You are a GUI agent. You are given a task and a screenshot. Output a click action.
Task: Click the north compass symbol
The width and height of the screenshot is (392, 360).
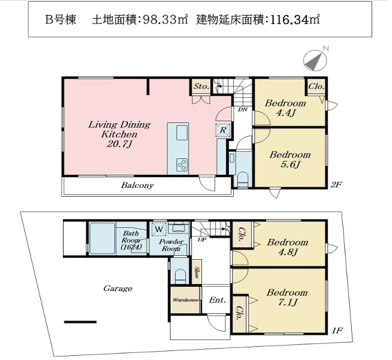pos(315,59)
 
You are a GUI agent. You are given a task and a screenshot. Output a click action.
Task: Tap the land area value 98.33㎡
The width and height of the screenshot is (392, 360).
pos(165,20)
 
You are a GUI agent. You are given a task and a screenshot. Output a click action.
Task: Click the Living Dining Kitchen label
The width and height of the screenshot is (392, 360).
pos(119,134)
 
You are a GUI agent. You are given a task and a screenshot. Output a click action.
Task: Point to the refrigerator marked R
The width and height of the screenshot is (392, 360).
pos(223,130)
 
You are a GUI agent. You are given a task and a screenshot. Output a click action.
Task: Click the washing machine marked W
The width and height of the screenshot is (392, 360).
pos(159,229)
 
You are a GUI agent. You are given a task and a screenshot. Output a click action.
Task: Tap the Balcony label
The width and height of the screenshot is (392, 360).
pos(137,185)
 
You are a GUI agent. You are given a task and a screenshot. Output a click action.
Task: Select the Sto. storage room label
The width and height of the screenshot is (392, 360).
pos(201,86)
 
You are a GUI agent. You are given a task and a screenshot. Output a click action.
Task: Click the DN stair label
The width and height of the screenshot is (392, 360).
pos(243,109)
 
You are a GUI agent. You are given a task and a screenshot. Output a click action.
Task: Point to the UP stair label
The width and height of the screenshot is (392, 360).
pos(202,239)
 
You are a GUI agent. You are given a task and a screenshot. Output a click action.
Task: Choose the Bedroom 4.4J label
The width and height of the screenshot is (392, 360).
pos(285,108)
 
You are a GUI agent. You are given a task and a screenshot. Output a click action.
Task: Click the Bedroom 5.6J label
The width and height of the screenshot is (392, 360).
pos(290,160)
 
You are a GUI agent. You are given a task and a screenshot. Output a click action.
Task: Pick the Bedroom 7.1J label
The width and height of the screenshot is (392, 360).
pos(287,298)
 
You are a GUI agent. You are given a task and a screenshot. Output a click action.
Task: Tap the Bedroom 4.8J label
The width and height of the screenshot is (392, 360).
pos(288,247)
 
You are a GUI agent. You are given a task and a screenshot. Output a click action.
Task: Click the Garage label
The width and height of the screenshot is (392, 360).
pos(117,289)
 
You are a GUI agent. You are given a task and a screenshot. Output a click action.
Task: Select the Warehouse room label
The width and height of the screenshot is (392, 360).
pos(185,300)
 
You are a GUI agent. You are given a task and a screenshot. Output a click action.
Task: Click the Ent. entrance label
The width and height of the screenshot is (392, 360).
pos(217,300)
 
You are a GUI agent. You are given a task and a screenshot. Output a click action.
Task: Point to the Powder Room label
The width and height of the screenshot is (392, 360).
pos(171,245)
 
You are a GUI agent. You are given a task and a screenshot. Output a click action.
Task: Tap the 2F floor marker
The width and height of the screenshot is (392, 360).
pos(336,185)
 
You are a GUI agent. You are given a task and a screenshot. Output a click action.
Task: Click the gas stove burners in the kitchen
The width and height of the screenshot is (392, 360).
pos(182,164)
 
